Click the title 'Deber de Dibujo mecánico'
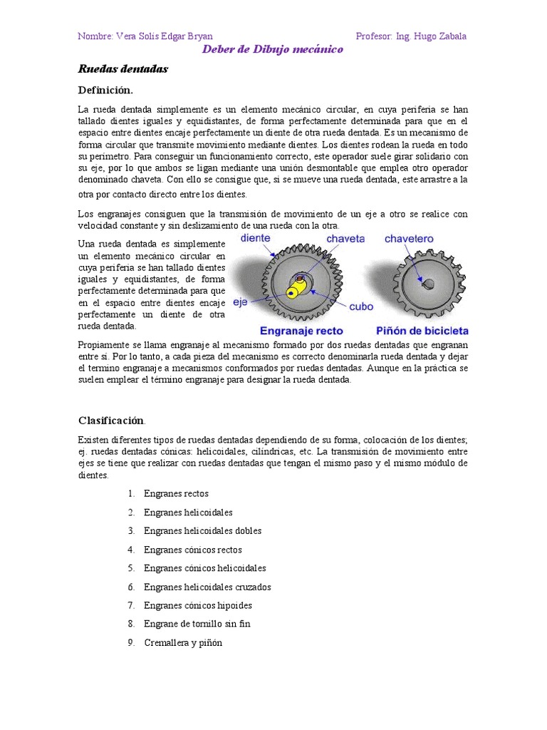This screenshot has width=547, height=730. tap(273, 49)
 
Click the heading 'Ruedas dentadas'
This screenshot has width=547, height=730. tap(123, 69)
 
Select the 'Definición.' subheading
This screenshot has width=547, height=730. tap(105, 90)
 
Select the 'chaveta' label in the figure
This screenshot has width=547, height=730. tap(345, 239)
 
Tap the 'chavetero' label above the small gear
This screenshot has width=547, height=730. tap(410, 239)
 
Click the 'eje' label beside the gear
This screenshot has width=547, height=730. tap(240, 302)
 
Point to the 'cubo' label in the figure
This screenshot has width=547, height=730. tap(360, 307)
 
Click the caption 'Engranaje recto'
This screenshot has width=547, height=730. tap(301, 331)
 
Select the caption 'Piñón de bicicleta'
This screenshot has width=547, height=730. tap(422, 331)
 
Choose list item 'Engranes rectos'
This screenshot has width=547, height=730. tap(176, 493)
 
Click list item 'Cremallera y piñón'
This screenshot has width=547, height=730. tap(183, 642)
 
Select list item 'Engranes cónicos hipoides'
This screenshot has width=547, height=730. tap(198, 605)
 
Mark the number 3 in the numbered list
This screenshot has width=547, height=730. tap(131, 530)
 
